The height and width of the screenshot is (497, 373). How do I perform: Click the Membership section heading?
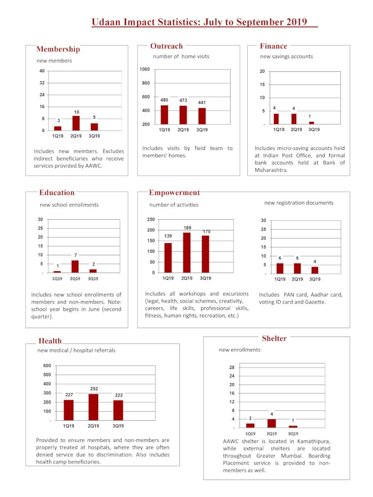tap(58, 49)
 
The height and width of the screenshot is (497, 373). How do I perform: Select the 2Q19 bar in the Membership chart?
tap(76, 123)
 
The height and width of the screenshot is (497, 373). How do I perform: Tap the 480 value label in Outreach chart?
tap(164, 100)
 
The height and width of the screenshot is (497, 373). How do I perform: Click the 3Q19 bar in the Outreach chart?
tap(202, 116)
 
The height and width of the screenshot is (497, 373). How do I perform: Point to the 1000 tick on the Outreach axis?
tap(145, 69)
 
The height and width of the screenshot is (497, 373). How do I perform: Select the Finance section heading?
tap(273, 46)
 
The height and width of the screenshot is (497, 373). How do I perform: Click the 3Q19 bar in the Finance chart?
tap(311, 123)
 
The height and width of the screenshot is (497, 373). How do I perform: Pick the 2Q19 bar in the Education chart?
tap(75, 266)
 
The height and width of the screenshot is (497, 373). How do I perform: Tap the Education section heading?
tap(57, 193)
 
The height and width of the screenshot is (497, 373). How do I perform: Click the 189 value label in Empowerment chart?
tap(187, 228)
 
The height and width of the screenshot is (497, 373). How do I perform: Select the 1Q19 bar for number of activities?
tap(168, 258)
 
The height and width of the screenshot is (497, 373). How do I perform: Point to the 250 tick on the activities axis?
tap(151, 219)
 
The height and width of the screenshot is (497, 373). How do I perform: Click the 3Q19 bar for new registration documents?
tap(315, 270)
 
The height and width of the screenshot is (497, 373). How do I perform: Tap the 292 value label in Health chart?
tap(94, 389)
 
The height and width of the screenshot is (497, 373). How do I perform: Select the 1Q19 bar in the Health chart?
tap(68, 410)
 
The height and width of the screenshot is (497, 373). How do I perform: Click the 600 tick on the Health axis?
tap(47, 365)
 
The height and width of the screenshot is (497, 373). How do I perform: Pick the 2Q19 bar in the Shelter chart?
tap(271, 423)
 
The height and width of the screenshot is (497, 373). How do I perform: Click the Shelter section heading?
tap(274, 338)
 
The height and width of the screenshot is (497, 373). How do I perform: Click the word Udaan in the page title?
tap(106, 22)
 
